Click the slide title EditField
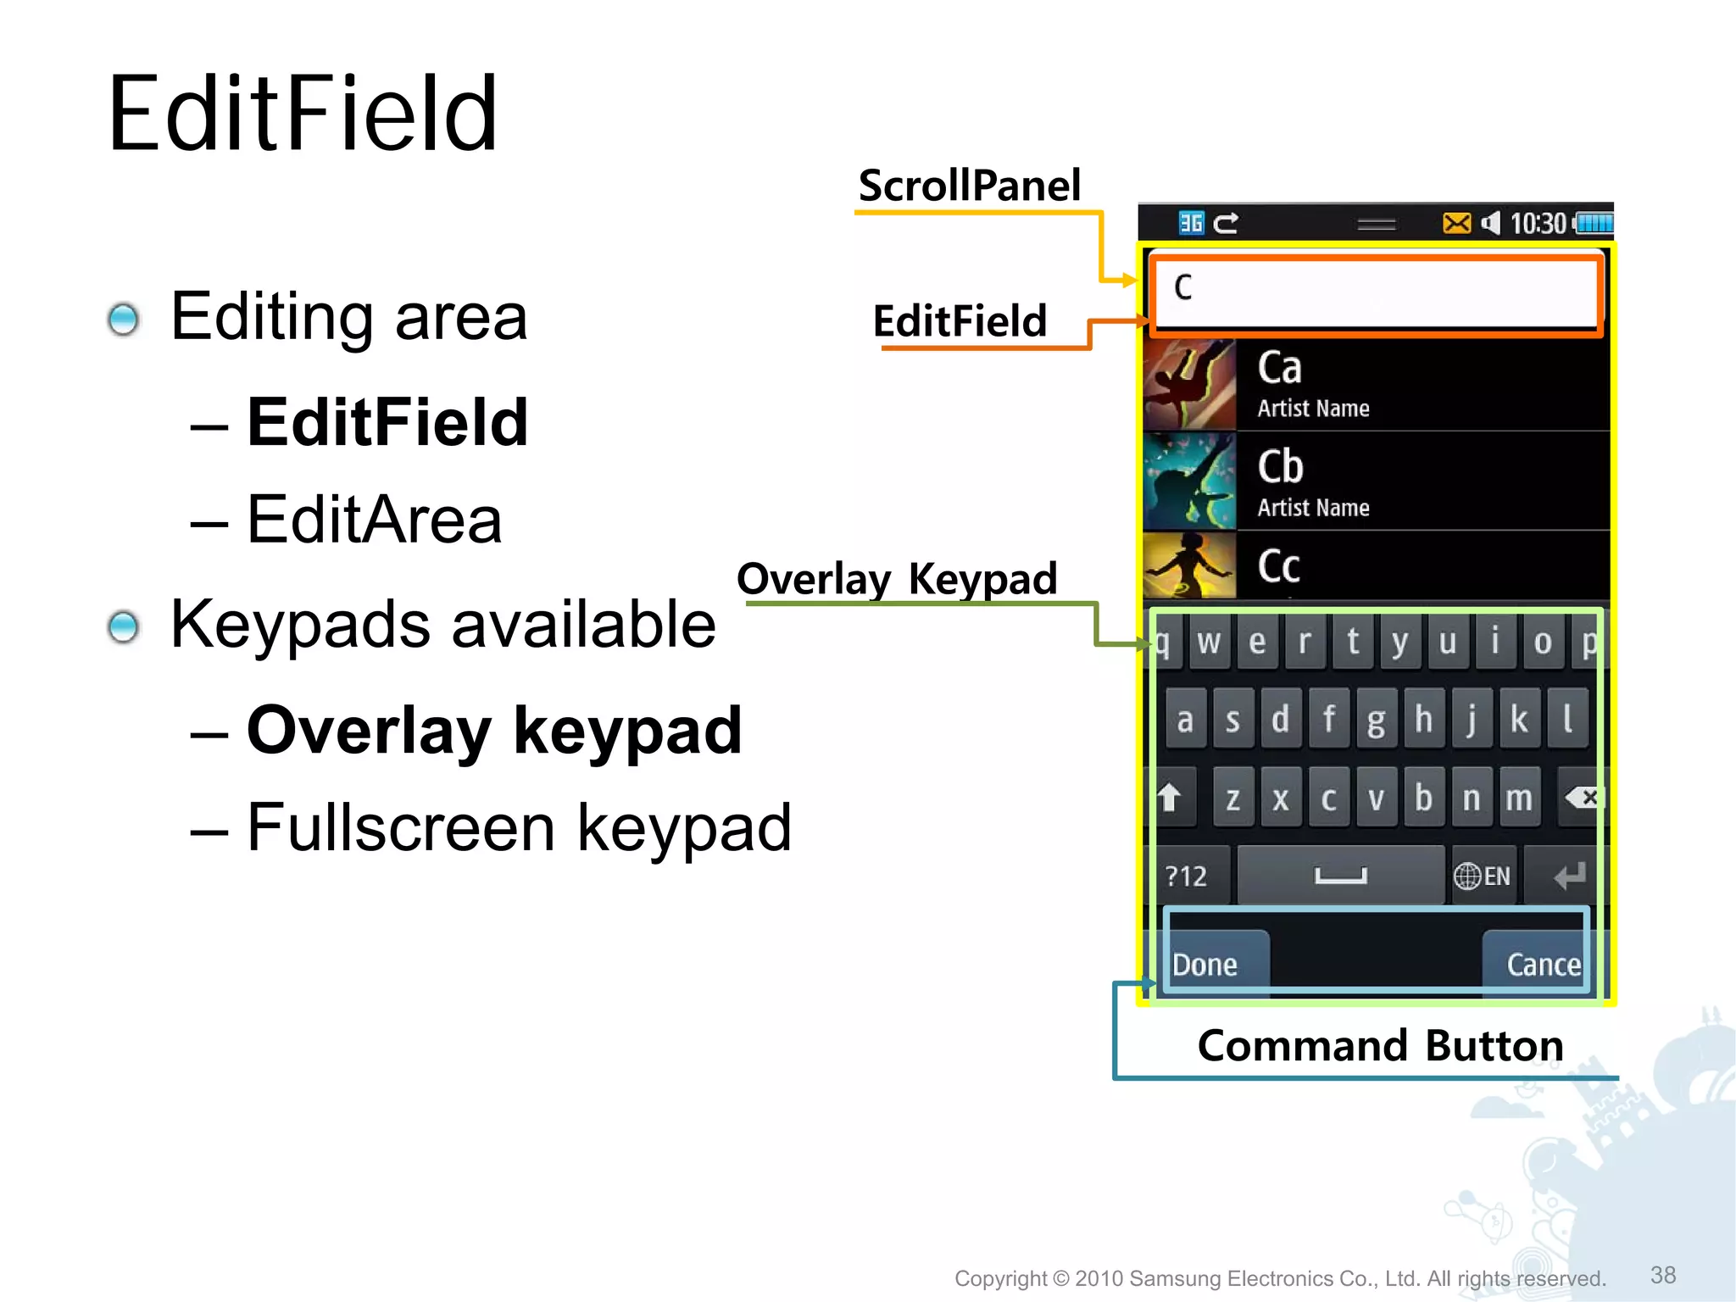[303, 114]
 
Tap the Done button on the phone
[1205, 964]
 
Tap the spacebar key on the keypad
[1340, 875]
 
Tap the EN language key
[1483, 876]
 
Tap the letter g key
[1376, 720]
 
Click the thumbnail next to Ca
[1188, 384]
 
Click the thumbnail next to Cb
[1188, 481]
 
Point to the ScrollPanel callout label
[970, 186]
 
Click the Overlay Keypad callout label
[897, 579]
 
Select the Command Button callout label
[1380, 1045]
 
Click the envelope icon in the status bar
[1456, 223]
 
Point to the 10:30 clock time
[1538, 224]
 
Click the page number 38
[1663, 1275]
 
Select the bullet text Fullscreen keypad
[519, 827]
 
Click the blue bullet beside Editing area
[124, 319]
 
